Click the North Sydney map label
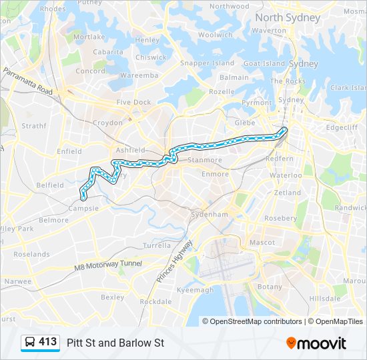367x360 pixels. coord(288,17)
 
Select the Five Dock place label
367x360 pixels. coord(133,102)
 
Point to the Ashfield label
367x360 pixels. coord(130,150)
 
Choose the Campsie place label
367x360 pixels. coord(85,208)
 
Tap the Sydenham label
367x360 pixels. coord(210,214)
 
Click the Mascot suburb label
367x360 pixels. coord(262,242)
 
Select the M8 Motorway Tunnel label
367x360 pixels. coord(108,265)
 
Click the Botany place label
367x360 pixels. coord(270,286)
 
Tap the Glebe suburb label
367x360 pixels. coord(246,123)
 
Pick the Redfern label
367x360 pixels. coord(279,159)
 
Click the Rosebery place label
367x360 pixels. coord(280,218)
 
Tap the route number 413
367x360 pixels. coord(48,342)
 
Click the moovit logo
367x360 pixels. coord(316,343)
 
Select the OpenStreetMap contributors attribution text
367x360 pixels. coord(256,321)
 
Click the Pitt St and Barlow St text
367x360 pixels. coord(115,343)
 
